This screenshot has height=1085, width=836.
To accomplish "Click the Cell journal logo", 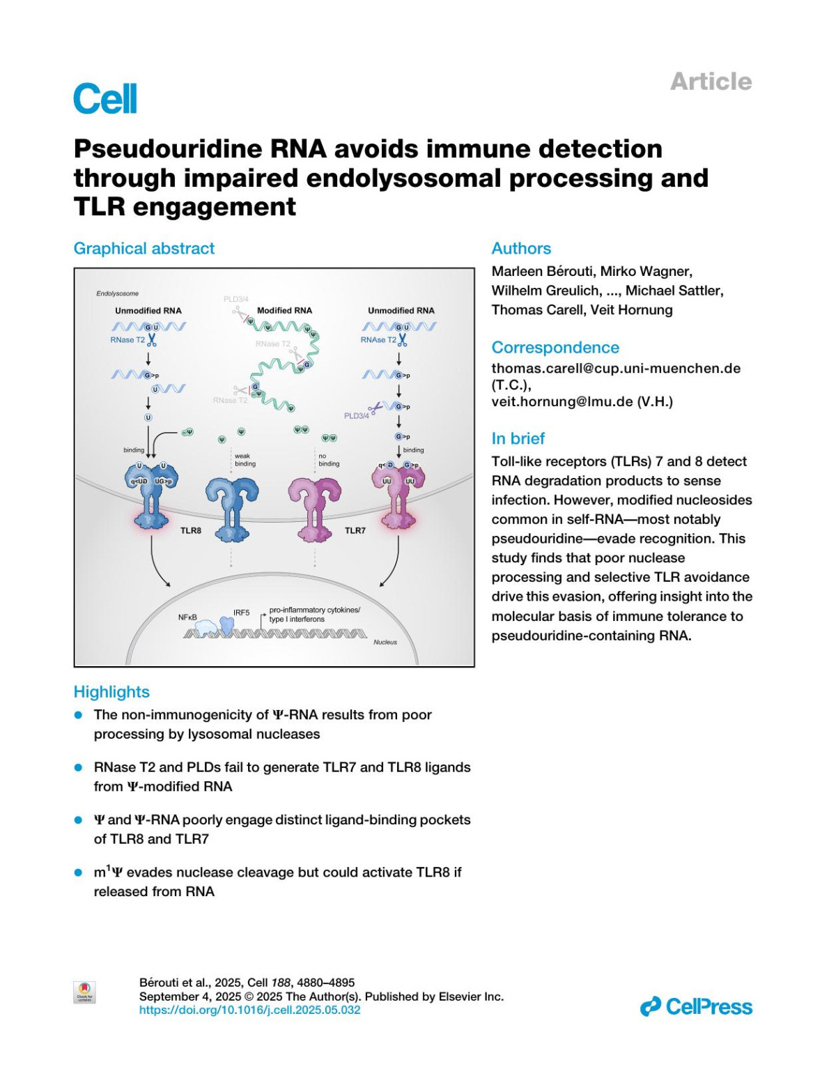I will pyautogui.click(x=105, y=99).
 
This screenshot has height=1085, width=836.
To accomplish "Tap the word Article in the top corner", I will pyautogui.click(x=711, y=82).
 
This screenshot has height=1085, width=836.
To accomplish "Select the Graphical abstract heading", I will pyautogui.click(x=144, y=249).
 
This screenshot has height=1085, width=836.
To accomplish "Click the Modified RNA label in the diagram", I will pyautogui.click(x=284, y=311).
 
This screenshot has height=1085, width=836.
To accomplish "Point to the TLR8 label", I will pyautogui.click(x=191, y=531).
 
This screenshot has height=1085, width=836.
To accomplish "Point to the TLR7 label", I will pyautogui.click(x=355, y=531).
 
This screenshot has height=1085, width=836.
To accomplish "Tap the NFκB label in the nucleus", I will pyautogui.click(x=188, y=617).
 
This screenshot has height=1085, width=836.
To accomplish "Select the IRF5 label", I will pyautogui.click(x=241, y=613).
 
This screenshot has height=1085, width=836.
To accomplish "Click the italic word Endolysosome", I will pyautogui.click(x=117, y=293).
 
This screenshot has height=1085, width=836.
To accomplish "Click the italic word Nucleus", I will pyautogui.click(x=385, y=642).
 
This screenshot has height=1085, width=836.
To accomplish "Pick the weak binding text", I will pyautogui.click(x=245, y=460).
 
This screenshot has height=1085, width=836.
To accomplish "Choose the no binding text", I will pyautogui.click(x=329, y=460).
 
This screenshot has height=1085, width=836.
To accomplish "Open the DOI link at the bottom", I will pyautogui.click(x=250, y=1010).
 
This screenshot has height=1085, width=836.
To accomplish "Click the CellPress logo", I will pyautogui.click(x=696, y=1006).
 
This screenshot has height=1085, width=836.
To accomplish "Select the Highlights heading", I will pyautogui.click(x=111, y=692).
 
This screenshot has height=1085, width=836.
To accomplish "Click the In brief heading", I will pyautogui.click(x=518, y=438).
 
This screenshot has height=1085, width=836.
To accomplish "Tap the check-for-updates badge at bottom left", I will pyautogui.click(x=84, y=992).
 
